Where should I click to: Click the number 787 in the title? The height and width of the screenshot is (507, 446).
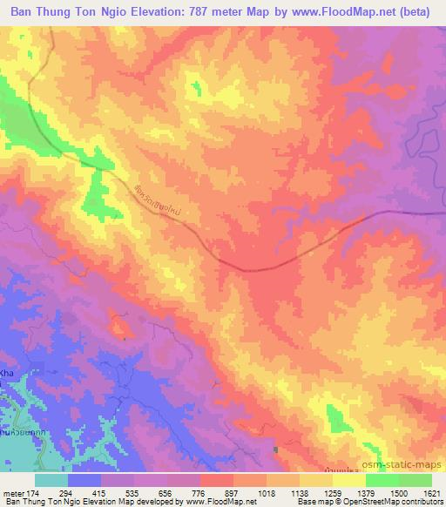click(203, 13)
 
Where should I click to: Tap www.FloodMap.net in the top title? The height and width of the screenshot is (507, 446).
click(336, 13)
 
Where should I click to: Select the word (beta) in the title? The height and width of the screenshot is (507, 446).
click(413, 13)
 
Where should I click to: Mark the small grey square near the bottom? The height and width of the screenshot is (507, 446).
click(277, 450)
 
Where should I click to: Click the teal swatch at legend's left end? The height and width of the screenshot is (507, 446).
click(51, 480)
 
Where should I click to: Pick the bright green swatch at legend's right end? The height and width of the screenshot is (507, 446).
click(415, 480)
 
